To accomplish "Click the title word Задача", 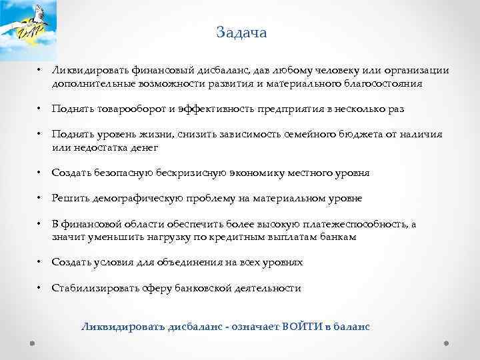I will (x=241, y=33).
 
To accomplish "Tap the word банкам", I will (x=337, y=237).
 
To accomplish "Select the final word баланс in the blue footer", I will (x=351, y=327).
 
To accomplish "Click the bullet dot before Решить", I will (x=39, y=198).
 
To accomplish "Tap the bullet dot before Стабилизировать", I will (x=39, y=288).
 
